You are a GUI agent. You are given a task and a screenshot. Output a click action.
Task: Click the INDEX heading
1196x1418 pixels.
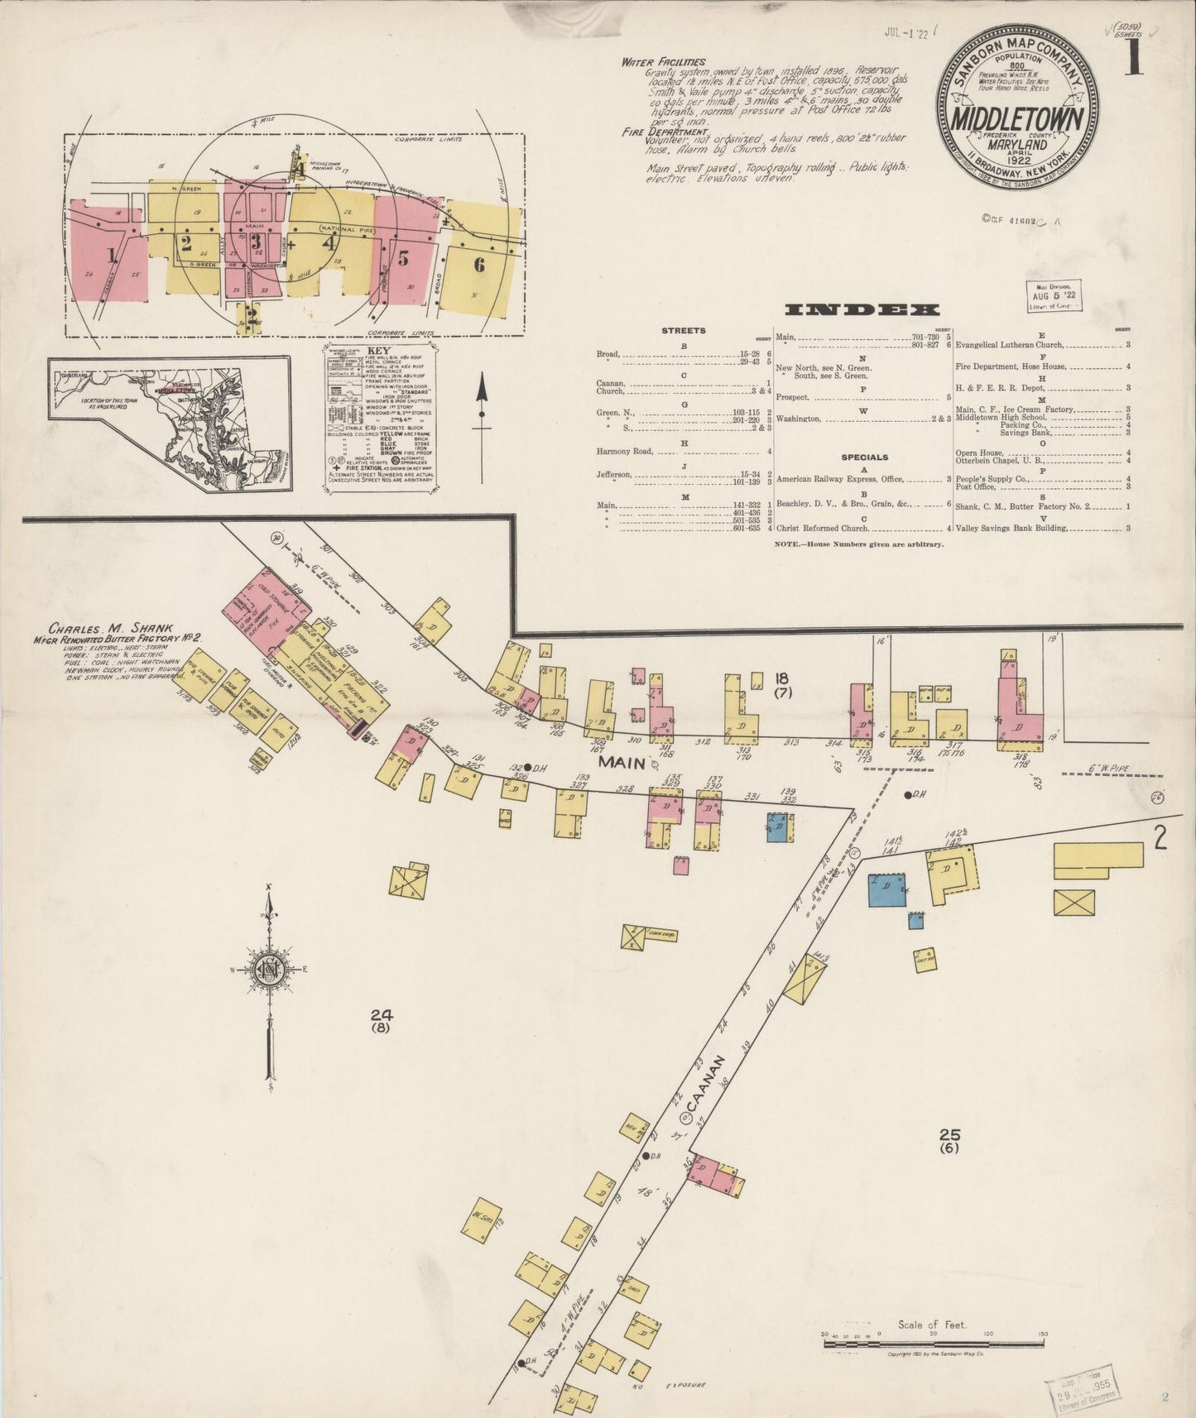862,310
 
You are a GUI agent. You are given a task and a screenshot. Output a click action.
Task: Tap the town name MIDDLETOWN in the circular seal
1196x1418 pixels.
1017,121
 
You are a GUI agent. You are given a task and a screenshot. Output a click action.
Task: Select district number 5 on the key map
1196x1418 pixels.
403,257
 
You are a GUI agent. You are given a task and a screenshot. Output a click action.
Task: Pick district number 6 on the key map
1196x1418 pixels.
478,265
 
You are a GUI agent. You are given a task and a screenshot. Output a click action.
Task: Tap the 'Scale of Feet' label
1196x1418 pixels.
931,1325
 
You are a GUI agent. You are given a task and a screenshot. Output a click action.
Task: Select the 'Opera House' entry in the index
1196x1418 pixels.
980,453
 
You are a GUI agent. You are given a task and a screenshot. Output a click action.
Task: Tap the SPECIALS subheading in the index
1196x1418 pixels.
864,457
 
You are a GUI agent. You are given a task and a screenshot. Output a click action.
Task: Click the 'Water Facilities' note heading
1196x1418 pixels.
664,62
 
